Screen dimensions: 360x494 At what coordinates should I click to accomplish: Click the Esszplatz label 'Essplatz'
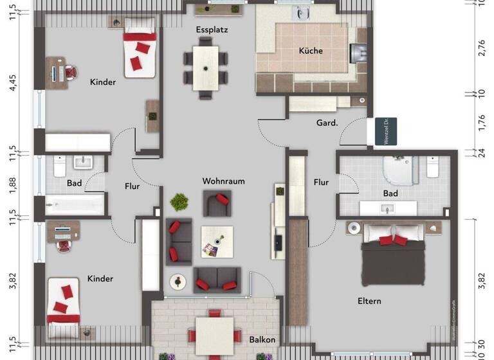[x=212, y=30]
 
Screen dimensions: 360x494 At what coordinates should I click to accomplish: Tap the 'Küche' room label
[x=311, y=51]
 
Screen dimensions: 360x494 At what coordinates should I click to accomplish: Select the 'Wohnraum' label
[x=223, y=181]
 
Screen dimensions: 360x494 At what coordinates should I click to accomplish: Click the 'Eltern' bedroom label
[x=370, y=300]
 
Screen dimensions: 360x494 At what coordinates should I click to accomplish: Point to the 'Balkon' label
[x=262, y=339]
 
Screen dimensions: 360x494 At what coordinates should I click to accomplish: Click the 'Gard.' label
[x=327, y=122]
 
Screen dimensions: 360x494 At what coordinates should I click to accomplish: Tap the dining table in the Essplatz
[x=206, y=67]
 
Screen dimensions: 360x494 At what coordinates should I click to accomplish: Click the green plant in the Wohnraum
[x=179, y=202]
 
